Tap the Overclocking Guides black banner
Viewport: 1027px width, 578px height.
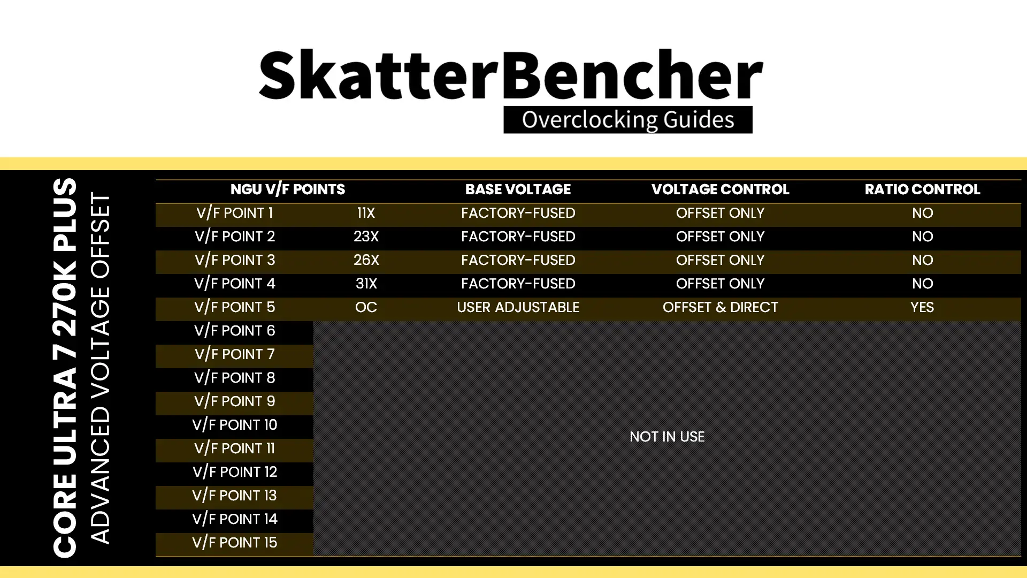[x=628, y=119]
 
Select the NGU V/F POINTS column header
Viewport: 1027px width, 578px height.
[x=288, y=189]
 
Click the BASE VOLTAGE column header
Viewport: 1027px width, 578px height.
[x=518, y=189]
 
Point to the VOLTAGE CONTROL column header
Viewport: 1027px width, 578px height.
[x=720, y=189]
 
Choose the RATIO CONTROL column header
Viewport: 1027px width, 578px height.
[x=922, y=189]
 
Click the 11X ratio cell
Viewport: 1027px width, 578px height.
[x=366, y=213]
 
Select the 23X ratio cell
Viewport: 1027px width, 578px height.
[x=366, y=237]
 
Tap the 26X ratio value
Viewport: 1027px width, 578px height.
[x=366, y=260]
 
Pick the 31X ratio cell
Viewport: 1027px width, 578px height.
[x=366, y=284]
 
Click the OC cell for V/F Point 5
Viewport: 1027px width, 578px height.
[x=366, y=307]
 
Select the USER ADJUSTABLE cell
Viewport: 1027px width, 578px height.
[x=518, y=307]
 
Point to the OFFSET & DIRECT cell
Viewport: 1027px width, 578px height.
[x=720, y=307]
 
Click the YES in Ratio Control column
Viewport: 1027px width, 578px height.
[x=922, y=307]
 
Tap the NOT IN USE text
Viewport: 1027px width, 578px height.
[x=667, y=437]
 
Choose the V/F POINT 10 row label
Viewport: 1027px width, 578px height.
[x=234, y=425]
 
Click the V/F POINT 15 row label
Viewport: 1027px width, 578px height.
[x=234, y=543]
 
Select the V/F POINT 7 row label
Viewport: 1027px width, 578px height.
[x=234, y=354]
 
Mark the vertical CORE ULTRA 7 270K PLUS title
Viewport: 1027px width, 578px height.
[x=65, y=368]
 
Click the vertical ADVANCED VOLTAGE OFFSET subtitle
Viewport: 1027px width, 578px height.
[x=100, y=368]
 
